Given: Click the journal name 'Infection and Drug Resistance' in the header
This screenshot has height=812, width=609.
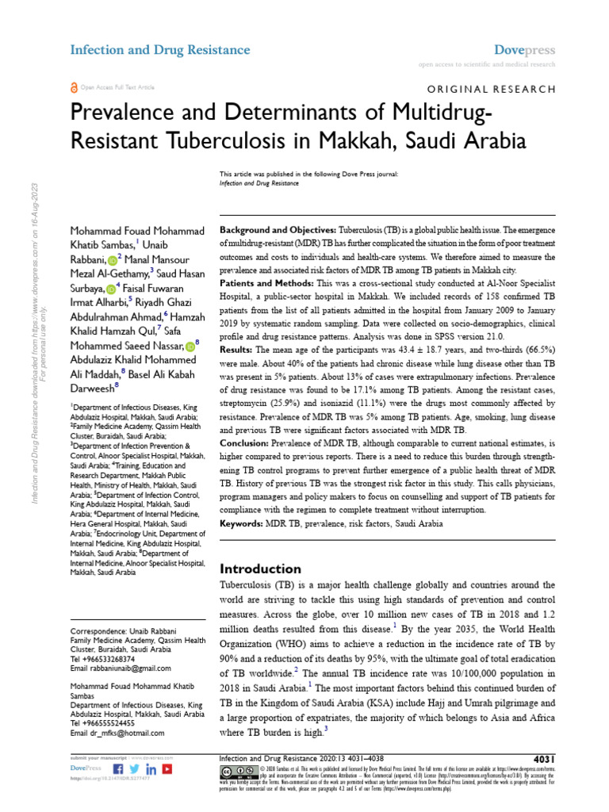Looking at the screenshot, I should (x=160, y=50).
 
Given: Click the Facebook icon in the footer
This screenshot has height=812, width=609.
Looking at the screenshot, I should (x=118, y=768).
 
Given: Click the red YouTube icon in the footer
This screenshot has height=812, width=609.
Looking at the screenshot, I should (x=167, y=768).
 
